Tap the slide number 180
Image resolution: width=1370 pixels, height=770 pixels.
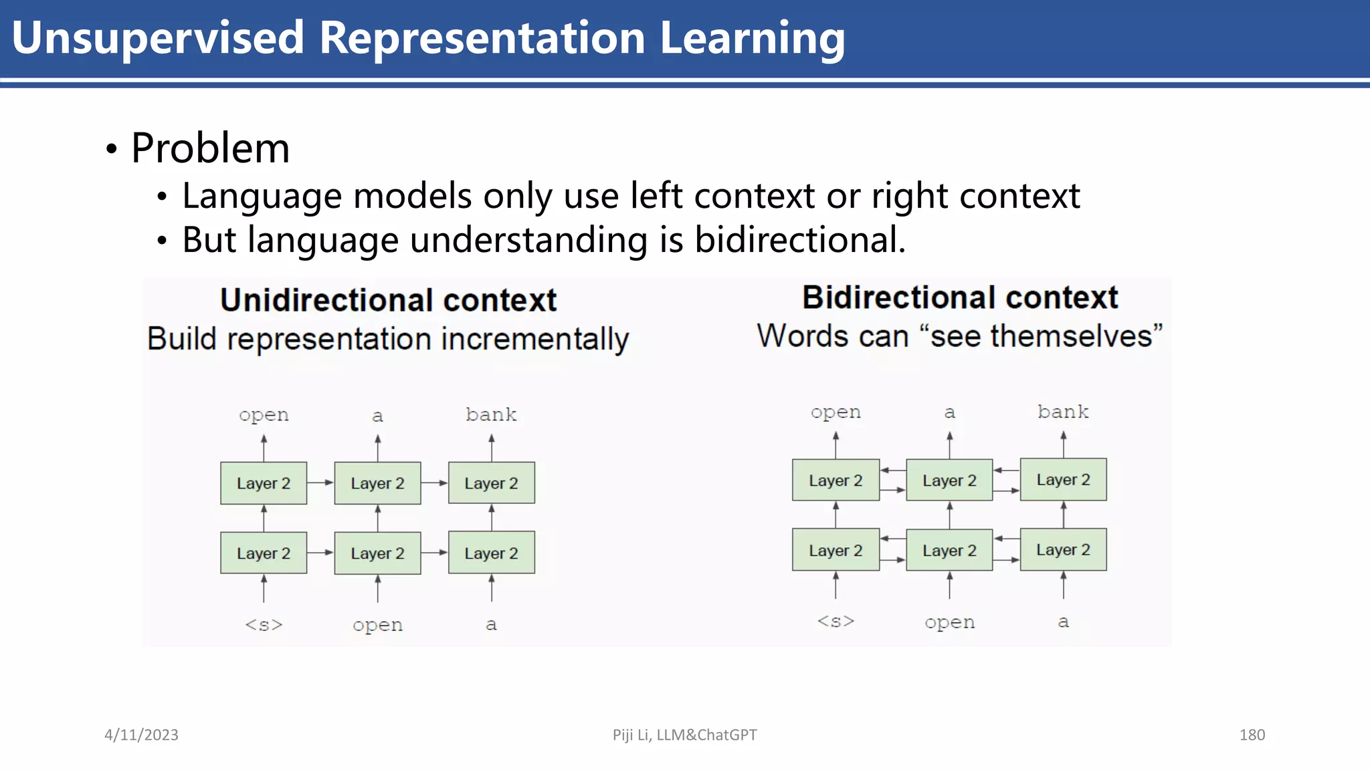point(1252,735)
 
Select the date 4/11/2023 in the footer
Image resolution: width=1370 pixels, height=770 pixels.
point(141,735)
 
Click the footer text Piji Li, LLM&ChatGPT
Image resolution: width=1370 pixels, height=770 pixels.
point(684,735)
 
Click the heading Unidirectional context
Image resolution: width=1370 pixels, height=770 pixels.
point(388,300)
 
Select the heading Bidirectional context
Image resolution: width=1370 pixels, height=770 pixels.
point(959,297)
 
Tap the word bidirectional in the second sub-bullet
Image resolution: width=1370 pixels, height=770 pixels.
point(799,239)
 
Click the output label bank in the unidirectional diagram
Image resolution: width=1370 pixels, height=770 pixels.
point(491,414)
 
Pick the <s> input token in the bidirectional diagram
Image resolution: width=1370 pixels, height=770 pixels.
point(836,621)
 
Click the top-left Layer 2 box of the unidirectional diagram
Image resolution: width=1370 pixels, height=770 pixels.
point(264,483)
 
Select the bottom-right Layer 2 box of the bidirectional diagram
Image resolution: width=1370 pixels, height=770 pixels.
point(1063,549)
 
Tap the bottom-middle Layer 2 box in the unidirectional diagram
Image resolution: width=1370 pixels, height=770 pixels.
point(377,553)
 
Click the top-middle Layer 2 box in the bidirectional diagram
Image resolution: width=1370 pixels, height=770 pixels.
point(949,480)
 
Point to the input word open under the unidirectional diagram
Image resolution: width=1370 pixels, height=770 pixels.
point(377,625)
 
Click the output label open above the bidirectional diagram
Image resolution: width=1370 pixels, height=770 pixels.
point(836,412)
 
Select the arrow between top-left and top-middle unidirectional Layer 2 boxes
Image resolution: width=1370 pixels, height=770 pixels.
point(320,483)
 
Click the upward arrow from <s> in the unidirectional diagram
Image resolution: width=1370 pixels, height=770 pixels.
point(264,588)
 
